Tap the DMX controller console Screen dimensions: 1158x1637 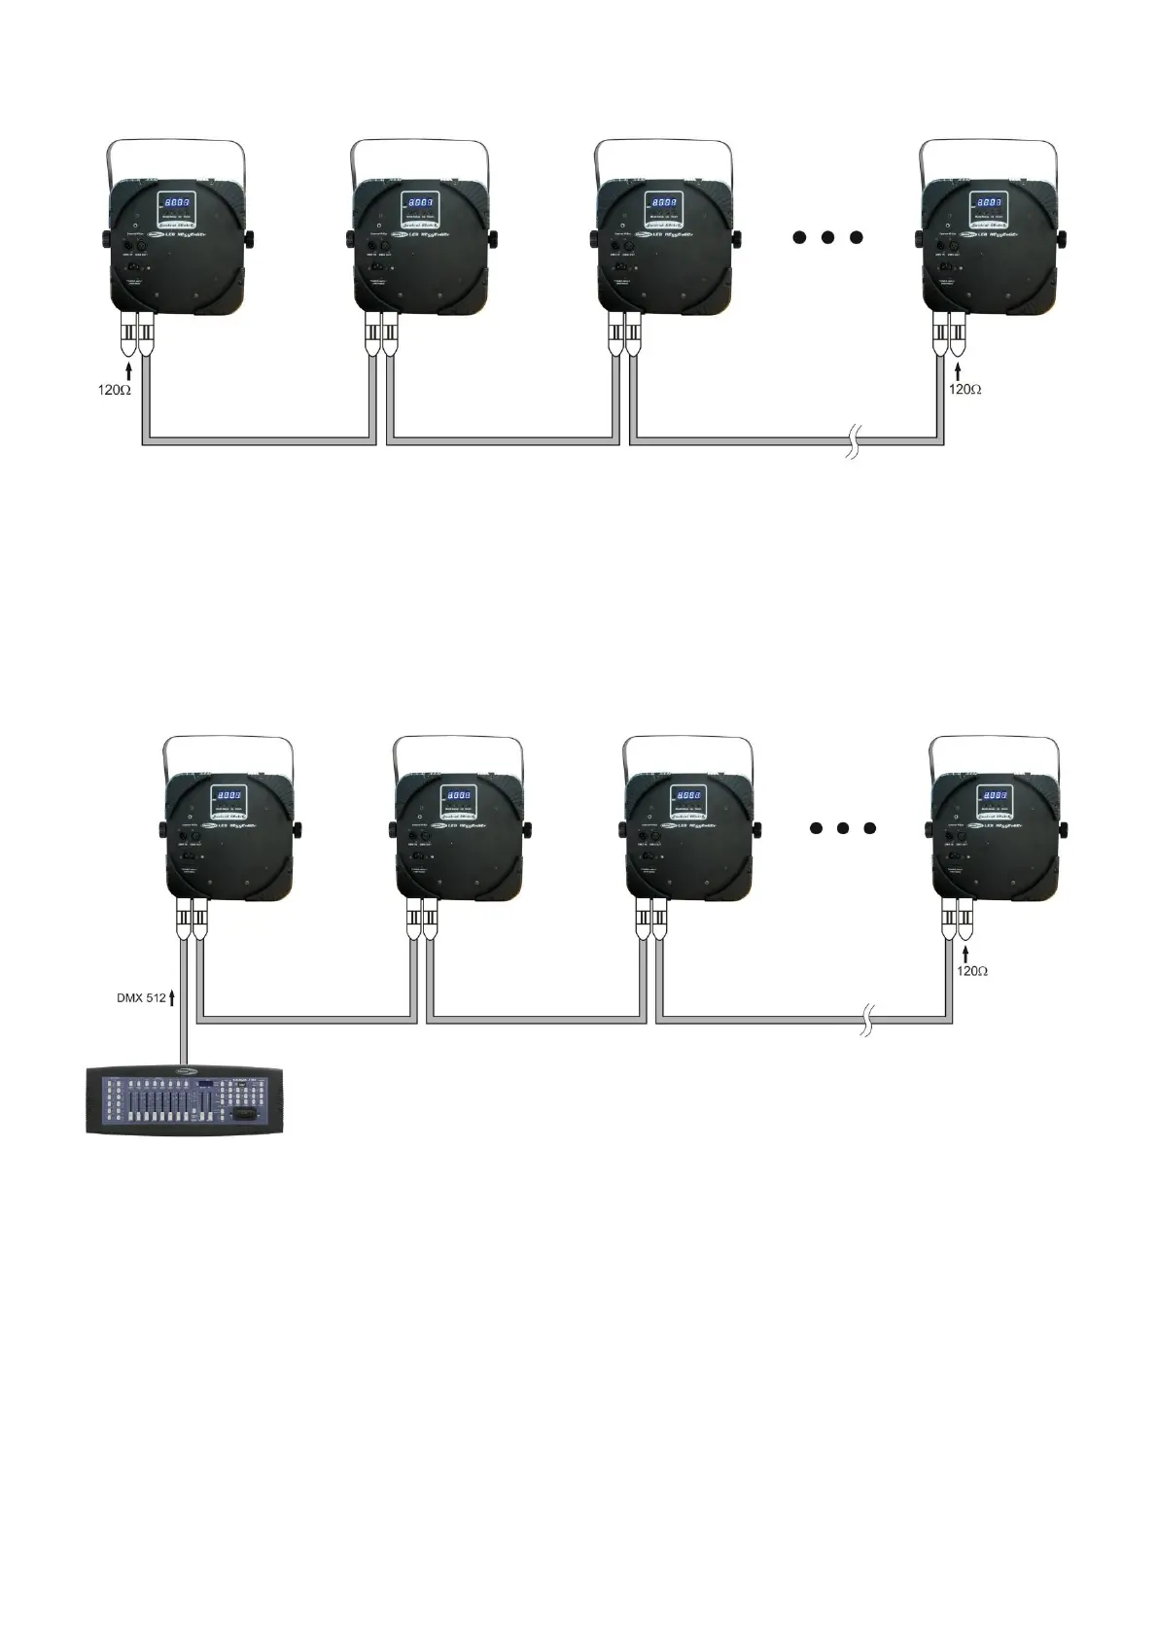(x=185, y=1099)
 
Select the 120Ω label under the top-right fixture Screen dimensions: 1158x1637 (x=965, y=389)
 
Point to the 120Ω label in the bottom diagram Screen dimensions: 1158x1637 (x=971, y=971)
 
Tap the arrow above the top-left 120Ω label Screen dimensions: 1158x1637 (x=128, y=369)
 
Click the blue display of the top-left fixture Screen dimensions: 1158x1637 (x=177, y=203)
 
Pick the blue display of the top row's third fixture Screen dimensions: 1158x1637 (x=665, y=203)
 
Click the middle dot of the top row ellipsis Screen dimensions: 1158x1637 (x=827, y=237)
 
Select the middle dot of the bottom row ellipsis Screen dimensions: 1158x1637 (x=843, y=828)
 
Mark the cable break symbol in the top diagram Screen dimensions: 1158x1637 (x=853, y=442)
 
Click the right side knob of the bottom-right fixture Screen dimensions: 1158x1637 (x=1065, y=828)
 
